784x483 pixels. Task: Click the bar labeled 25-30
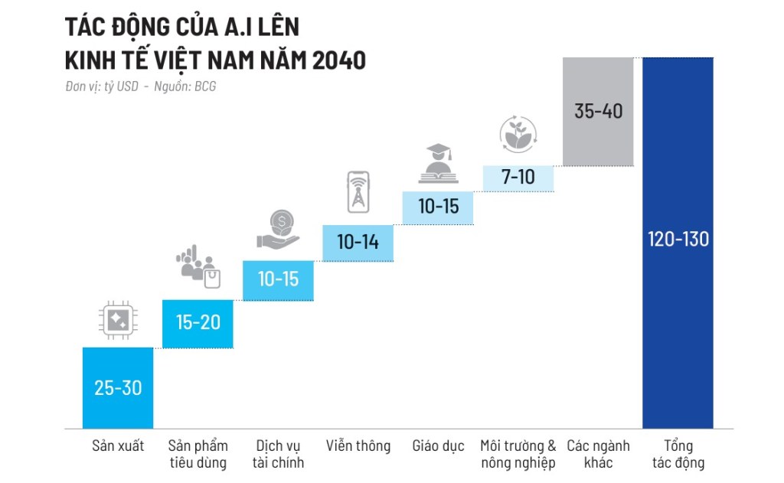point(118,387)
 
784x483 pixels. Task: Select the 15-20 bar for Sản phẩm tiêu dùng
point(198,323)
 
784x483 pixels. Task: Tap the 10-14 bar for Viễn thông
point(358,243)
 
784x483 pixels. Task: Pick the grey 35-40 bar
point(598,111)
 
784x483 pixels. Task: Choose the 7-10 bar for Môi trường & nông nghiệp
point(518,177)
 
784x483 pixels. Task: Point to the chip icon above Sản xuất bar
point(118,321)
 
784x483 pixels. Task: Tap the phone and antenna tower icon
point(358,192)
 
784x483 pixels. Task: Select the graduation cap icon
point(438,163)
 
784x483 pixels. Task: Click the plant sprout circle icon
point(518,134)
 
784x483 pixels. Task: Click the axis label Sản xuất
point(118,446)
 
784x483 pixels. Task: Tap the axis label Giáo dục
point(438,446)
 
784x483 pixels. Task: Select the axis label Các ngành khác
point(598,454)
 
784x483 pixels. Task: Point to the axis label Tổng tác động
point(678,454)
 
